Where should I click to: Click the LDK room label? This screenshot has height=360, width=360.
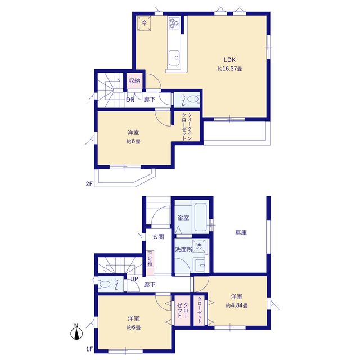229,60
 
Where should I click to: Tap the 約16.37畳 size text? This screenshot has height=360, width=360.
229,69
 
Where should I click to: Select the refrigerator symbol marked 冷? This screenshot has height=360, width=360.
144,23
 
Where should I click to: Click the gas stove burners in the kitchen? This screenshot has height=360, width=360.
174,23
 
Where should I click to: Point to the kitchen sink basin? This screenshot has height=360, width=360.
174,57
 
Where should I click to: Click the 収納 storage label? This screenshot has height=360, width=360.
134,80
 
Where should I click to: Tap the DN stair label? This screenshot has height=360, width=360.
130,100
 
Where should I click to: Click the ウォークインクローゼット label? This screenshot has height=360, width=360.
186,127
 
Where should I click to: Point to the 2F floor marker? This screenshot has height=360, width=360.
89,184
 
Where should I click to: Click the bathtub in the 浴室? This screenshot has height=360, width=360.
201,217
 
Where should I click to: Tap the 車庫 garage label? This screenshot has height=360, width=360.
241,232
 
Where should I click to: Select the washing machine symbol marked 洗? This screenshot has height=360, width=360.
199,246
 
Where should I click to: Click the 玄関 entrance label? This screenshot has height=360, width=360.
158,237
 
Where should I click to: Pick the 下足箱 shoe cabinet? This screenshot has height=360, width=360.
150,263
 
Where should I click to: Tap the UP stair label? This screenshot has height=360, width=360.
134,279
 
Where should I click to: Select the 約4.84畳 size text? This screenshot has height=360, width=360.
237,305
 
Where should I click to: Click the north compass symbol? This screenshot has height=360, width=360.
76,332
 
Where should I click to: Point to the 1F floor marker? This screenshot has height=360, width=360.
89,349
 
